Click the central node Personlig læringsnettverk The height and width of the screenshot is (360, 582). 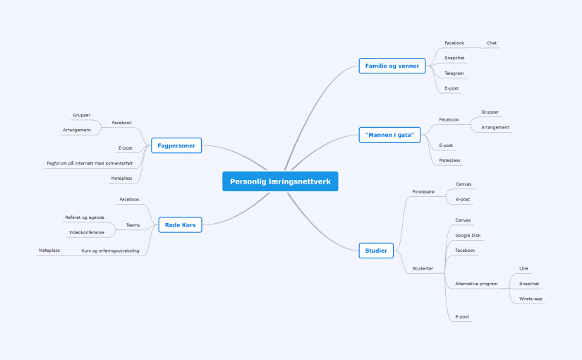click(280, 181)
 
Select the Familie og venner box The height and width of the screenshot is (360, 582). click(392, 66)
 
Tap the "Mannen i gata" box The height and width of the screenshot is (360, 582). click(389, 135)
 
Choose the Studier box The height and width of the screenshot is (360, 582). click(376, 251)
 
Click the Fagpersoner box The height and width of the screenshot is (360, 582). click(176, 145)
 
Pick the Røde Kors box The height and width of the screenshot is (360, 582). click(180, 224)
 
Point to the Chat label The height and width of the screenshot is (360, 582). click(492, 43)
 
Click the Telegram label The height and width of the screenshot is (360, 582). click(454, 73)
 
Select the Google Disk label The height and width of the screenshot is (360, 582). click(468, 235)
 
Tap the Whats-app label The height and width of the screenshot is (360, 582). click(531, 299)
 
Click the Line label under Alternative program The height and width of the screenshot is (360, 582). click(523, 268)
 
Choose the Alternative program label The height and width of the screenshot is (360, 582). click(476, 284)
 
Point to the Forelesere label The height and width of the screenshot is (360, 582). click(423, 192)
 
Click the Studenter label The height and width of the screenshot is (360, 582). click(423, 268)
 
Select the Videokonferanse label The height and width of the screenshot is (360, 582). click(87, 232)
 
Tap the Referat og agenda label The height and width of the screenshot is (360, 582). click(85, 217)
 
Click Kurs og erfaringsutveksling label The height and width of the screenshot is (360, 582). click(110, 251)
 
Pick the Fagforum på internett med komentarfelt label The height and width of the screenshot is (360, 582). click(90, 163)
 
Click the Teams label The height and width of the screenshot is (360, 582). click(133, 224)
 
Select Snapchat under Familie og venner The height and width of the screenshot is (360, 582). click(454, 58)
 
